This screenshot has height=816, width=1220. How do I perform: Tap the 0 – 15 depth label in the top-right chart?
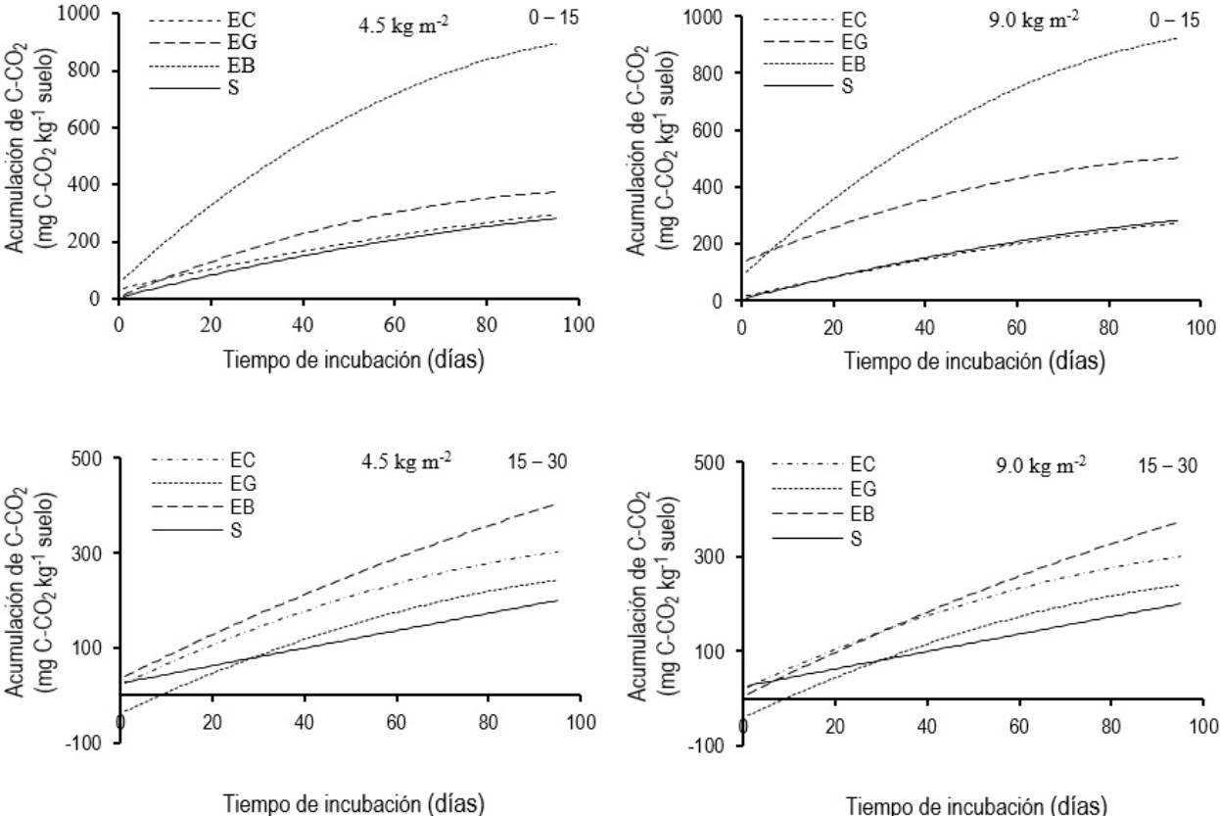click(x=1172, y=21)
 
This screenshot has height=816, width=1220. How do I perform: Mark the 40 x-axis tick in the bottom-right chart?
click(x=926, y=729)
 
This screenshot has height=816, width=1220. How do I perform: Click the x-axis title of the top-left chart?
click(x=348, y=359)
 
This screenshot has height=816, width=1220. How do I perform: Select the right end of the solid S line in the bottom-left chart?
click(x=557, y=600)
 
